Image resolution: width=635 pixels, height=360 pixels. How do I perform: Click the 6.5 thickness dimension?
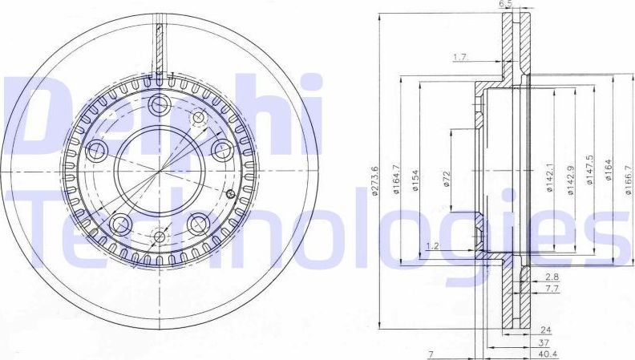click(504, 5)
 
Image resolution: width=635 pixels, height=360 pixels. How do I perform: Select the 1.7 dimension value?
click(460, 57)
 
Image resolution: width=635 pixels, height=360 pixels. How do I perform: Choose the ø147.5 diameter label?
click(590, 171)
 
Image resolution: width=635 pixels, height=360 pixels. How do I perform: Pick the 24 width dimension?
click(545, 330)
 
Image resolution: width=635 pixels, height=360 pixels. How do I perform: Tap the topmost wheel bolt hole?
click(159, 103)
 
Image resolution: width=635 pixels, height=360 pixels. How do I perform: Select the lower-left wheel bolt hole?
click(121, 223)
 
